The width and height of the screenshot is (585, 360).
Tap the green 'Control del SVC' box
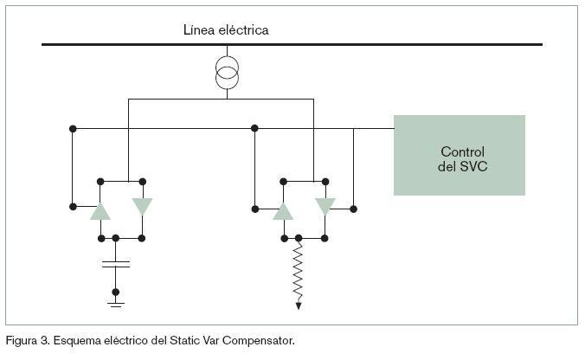[459, 155]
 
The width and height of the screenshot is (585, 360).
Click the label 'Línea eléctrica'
[226, 30]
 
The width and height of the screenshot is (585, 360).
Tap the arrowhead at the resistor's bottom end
[299, 304]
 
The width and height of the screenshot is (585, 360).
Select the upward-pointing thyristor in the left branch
[101, 209]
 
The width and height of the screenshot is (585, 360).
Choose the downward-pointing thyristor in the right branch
[325, 207]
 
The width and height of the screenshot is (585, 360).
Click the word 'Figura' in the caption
[22, 340]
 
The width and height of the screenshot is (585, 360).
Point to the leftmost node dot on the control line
[73, 129]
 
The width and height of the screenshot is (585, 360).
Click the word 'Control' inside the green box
[462, 151]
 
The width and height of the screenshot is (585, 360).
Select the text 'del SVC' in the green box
[462, 165]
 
